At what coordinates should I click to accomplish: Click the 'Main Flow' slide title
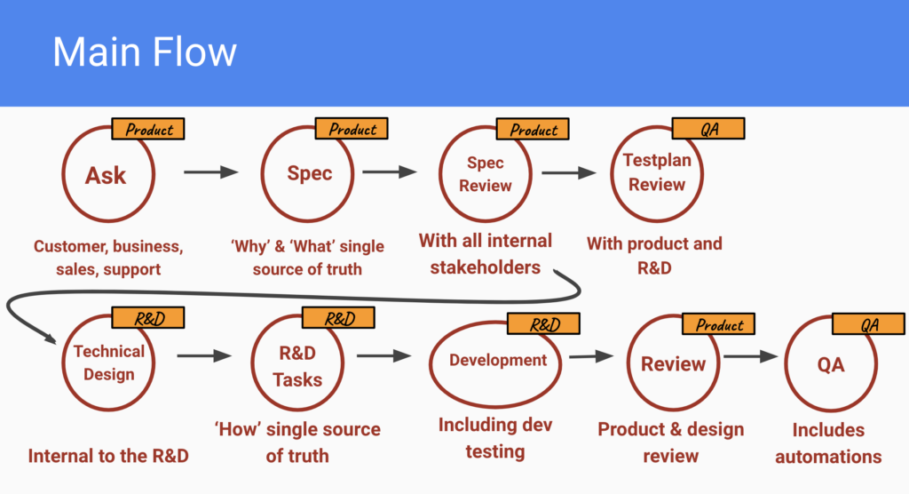145,52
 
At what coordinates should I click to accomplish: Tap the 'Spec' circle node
309,172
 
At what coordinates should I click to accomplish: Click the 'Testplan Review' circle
656,173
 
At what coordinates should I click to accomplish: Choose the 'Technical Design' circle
108,362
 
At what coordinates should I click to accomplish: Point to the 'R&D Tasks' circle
297,365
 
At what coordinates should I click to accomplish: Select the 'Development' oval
497,361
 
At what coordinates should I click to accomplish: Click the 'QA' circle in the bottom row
831,365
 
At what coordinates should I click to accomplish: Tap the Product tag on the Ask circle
148,130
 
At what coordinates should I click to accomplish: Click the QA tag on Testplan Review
708,129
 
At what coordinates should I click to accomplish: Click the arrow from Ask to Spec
210,172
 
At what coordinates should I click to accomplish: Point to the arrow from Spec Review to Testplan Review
569,173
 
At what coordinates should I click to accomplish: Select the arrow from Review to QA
750,357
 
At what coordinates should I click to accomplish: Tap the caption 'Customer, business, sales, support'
108,257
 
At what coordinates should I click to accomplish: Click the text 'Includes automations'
828,443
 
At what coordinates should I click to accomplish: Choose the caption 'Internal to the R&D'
108,456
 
